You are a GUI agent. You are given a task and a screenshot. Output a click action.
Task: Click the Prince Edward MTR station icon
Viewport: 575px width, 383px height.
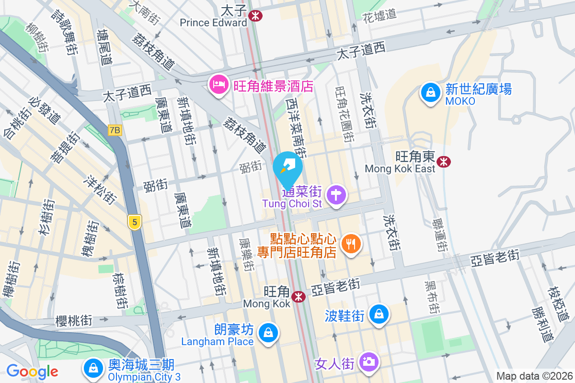(255, 16)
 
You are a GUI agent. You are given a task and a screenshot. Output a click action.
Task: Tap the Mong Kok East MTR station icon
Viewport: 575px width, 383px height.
(444, 162)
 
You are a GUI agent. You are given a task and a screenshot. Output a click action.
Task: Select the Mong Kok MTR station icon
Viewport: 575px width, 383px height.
(299, 296)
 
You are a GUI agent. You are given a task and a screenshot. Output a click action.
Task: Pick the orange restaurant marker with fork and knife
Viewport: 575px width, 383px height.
(351, 244)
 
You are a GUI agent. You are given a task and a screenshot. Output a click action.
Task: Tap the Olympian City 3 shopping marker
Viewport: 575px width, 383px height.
(92, 368)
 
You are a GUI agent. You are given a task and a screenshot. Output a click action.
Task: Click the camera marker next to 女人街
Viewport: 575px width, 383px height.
(368, 362)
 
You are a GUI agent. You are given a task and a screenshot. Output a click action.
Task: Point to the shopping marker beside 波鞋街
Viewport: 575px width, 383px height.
(379, 314)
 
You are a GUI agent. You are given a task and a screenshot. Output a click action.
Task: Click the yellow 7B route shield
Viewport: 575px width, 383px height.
(115, 130)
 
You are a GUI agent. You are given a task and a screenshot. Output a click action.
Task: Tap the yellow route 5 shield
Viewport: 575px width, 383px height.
(135, 222)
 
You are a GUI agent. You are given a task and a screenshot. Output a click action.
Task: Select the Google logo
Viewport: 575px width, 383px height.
(32, 371)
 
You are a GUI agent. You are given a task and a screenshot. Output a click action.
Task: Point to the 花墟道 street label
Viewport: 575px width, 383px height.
(379, 14)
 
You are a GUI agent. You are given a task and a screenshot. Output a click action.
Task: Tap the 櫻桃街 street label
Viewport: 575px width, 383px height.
(74, 320)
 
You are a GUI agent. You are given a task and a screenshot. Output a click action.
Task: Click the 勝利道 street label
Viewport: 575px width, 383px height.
(542, 323)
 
